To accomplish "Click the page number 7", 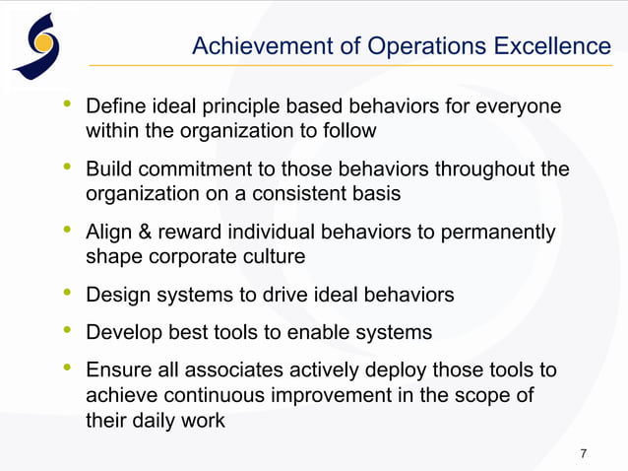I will tap(584, 453).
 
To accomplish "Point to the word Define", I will tap(115, 105).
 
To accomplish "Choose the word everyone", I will tap(519, 105).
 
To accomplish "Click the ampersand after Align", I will tap(139, 233).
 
